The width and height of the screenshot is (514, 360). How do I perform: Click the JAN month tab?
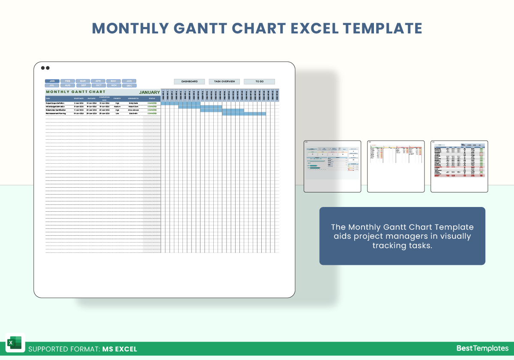pyautogui.click(x=52, y=81)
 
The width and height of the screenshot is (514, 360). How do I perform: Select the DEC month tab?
pyautogui.click(x=129, y=85)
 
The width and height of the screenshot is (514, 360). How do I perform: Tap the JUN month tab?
pyautogui.click(x=129, y=81)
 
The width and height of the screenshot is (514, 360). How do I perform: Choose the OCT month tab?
pyautogui.click(x=99, y=85)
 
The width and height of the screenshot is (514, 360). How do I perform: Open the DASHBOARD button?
pyautogui.click(x=189, y=81)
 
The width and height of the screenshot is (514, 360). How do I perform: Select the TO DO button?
pyautogui.click(x=259, y=81)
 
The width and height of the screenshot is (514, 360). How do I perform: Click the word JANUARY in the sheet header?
pyautogui.click(x=149, y=92)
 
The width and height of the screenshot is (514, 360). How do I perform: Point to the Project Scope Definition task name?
pyautogui.click(x=56, y=103)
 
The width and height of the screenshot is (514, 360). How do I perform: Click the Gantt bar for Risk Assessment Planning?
pyautogui.click(x=244, y=114)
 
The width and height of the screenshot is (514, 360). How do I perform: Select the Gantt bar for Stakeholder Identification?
pyautogui.click(x=222, y=110)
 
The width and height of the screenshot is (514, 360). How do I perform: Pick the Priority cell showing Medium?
pyautogui.click(x=117, y=107)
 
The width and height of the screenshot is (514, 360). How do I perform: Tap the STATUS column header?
pyautogui.click(x=152, y=99)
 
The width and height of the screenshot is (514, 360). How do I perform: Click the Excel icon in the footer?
pyautogui.click(x=15, y=343)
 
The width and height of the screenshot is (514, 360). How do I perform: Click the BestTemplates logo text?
pyautogui.click(x=482, y=348)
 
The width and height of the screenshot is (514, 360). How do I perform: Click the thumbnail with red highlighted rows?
pyautogui.click(x=459, y=166)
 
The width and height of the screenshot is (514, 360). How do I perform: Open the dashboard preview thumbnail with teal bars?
pyautogui.click(x=332, y=166)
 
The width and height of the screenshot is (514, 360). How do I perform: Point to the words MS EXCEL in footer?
pyautogui.click(x=120, y=349)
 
